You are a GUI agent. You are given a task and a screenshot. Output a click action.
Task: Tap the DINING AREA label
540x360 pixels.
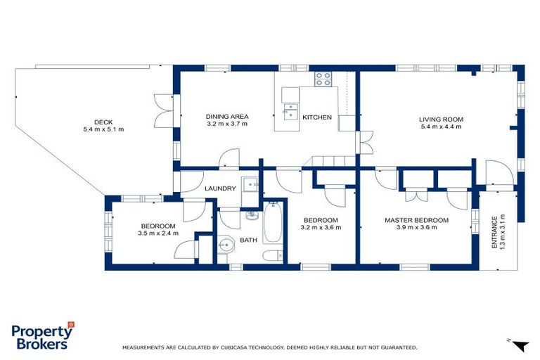(x=228, y=117)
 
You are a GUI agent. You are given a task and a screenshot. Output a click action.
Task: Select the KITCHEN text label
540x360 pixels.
(x=316, y=117)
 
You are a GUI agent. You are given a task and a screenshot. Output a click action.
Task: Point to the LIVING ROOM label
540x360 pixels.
(x=442, y=120)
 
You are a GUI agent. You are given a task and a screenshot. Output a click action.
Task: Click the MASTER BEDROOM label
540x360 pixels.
(x=416, y=220)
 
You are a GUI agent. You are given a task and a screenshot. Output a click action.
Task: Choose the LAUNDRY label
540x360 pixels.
(x=220, y=188)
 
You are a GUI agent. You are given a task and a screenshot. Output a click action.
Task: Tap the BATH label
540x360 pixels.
(x=247, y=240)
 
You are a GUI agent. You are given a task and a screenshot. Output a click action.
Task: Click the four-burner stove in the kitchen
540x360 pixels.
(x=323, y=79)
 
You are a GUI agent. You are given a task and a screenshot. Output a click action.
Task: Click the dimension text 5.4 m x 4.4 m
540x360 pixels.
(x=442, y=127)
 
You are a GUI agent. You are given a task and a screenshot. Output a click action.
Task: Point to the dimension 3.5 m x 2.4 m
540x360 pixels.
(x=158, y=233)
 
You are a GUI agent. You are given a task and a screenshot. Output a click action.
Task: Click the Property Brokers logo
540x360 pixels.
(x=42, y=336)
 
